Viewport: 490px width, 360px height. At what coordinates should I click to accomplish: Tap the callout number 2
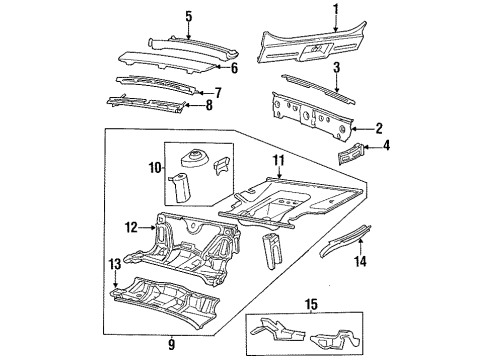(378, 127)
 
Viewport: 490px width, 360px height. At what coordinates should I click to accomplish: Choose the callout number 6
(233, 69)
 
